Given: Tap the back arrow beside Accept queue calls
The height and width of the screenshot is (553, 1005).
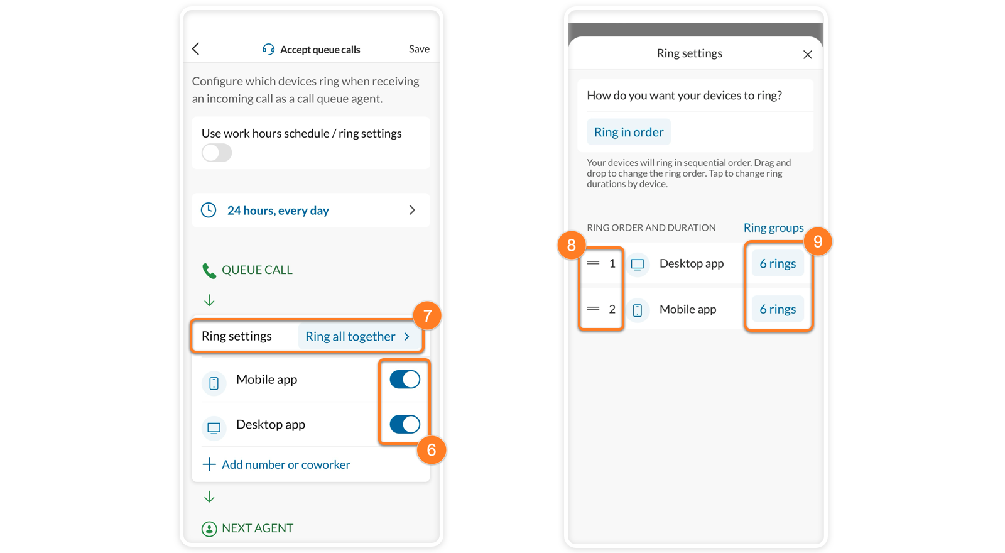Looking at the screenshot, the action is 195,48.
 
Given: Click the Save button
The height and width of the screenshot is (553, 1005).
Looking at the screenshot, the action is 419,48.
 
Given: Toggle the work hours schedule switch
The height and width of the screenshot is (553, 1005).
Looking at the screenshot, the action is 217,153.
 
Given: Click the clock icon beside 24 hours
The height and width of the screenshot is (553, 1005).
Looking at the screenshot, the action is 209,210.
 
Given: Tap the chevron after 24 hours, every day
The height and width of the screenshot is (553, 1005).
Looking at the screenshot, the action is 412,210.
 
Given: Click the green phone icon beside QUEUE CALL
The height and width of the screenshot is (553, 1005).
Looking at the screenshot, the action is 209,271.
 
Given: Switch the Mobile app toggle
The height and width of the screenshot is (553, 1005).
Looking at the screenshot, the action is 405,380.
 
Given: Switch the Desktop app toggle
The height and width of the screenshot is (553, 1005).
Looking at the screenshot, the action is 405,424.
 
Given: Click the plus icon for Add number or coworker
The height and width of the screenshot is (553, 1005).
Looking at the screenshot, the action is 209,464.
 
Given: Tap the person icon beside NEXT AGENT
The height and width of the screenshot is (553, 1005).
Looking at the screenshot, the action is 209,528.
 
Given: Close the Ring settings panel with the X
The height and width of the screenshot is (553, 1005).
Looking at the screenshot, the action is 808,54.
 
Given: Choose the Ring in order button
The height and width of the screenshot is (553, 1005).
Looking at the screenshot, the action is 629,132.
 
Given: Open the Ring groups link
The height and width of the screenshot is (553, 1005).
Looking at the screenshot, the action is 773,227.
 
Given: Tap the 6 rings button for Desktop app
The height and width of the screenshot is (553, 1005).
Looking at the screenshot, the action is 778,263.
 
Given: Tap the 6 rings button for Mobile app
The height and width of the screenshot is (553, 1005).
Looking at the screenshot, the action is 778,309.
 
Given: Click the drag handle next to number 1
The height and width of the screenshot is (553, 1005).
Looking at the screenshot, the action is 593,263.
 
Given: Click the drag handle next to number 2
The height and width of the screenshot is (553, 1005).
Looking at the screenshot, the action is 593,309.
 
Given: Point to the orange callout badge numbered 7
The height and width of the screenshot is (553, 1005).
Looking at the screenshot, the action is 427,315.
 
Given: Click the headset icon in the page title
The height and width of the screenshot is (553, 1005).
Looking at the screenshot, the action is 268,49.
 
